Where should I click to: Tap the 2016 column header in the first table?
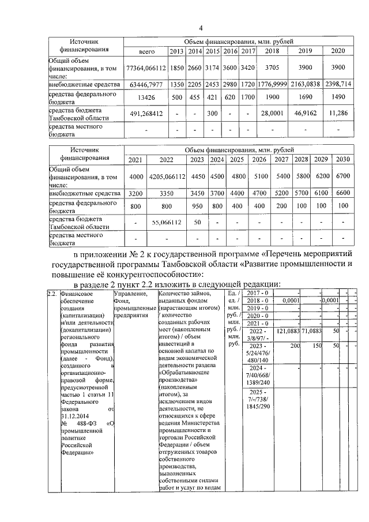coord(231,51)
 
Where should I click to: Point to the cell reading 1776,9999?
coord(271,84)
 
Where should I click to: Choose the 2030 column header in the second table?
coord(343,159)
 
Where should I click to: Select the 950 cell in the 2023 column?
coord(197,206)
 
